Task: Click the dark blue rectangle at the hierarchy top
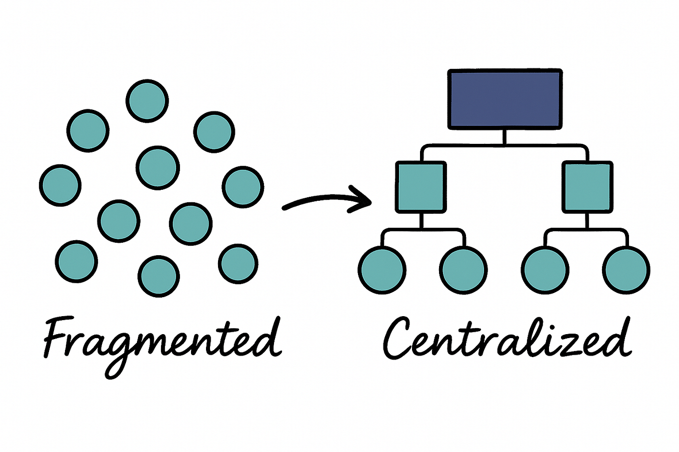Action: (x=505, y=99)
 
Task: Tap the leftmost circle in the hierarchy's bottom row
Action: (x=382, y=270)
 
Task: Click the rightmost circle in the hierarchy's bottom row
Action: (x=626, y=270)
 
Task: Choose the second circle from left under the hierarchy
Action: (x=463, y=270)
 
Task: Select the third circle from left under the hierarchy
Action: (x=545, y=270)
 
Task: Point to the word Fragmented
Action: (x=160, y=340)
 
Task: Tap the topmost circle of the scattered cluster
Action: (x=147, y=100)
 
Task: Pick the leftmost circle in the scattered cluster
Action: (x=60, y=185)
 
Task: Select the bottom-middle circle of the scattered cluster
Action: (x=158, y=276)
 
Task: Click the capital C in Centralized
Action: (x=400, y=337)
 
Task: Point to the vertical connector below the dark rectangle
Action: (x=504, y=137)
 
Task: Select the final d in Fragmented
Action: (x=267, y=337)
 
